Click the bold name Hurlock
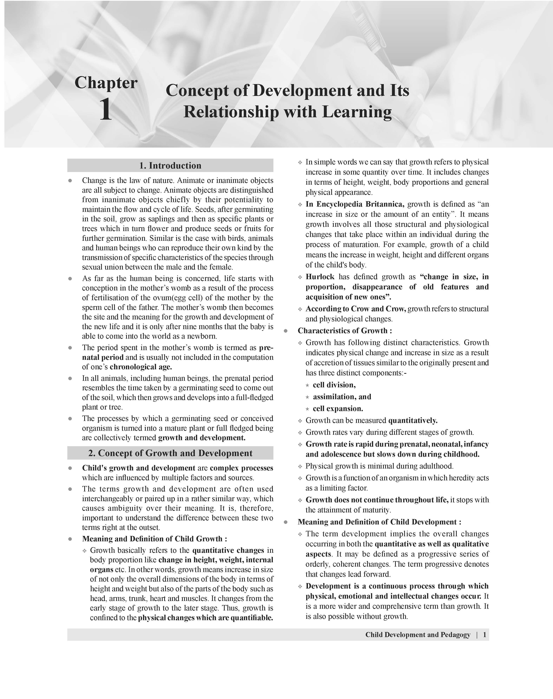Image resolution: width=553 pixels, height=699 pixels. (320, 277)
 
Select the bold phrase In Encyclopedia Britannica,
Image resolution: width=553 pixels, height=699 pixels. (355, 204)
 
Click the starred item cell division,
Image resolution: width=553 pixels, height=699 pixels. (334, 385)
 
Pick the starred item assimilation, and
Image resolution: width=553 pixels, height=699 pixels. (342, 397)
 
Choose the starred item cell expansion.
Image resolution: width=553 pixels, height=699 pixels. (338, 409)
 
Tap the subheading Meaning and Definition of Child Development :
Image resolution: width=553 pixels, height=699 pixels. (380, 522)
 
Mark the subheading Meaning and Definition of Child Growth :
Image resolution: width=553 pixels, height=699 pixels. (154, 539)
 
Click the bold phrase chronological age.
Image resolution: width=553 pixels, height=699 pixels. (140, 367)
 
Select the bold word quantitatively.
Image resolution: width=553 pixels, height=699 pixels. (413, 420)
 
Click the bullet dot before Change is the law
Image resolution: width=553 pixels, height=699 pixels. (70, 181)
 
